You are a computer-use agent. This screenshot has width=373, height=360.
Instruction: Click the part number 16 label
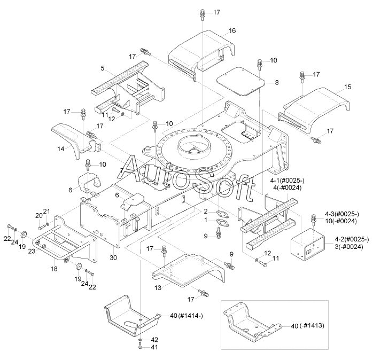pos(232,30)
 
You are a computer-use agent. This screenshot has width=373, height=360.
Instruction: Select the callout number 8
pos(277,82)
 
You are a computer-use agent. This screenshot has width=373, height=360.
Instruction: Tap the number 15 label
pos(347,87)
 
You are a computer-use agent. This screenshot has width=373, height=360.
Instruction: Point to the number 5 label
pos(102,68)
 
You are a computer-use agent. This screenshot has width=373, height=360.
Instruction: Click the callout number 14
pos(61,149)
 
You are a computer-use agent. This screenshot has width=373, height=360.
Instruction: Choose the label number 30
pos(113,258)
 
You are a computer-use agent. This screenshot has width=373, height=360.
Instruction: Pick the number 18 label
pos(54,269)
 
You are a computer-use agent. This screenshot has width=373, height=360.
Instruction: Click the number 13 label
pos(158,288)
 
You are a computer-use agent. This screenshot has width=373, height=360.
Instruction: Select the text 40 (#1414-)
pos(187,316)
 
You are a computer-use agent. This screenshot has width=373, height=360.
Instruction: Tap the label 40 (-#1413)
pos(308,326)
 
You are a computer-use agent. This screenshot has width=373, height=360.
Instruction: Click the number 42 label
pos(154,340)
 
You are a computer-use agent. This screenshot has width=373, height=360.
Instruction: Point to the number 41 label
pos(154,347)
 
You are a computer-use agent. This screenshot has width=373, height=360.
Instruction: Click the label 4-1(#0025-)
pos(287,181)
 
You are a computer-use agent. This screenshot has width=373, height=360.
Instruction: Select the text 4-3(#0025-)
pos(342,214)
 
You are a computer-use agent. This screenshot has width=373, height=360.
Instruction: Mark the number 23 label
pos(32,252)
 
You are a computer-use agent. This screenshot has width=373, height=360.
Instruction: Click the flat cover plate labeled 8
pos(240,82)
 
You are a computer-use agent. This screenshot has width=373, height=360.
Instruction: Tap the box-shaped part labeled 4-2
pos(308,244)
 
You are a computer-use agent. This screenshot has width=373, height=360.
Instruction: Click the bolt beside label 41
pos(140,346)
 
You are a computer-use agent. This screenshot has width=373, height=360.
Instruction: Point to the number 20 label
pos(39,216)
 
